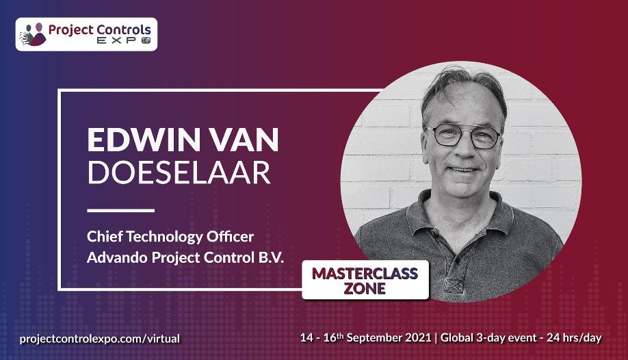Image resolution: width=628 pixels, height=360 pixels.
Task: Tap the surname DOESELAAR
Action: pyautogui.click(x=179, y=172)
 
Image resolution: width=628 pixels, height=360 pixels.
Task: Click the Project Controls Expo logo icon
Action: pyautogui.click(x=34, y=34)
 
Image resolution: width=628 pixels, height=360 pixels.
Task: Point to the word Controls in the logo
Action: pyautogui.click(x=124, y=29)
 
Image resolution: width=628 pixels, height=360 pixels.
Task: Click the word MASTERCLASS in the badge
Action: pyautogui.click(x=365, y=273)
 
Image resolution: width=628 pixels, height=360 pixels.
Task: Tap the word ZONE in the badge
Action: pyautogui.click(x=365, y=289)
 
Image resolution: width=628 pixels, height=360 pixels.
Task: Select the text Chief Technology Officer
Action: pyautogui.click(x=170, y=237)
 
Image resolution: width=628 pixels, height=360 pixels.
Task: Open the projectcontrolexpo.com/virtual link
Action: pyautogui.click(x=100, y=339)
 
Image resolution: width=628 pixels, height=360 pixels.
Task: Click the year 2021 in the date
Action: pyautogui.click(x=418, y=337)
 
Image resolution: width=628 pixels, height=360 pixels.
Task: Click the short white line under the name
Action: pyautogui.click(x=120, y=210)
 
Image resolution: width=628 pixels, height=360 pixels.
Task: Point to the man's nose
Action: pyautogui.click(x=465, y=151)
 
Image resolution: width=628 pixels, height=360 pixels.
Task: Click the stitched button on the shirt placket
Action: pyautogui.click(x=454, y=286)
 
